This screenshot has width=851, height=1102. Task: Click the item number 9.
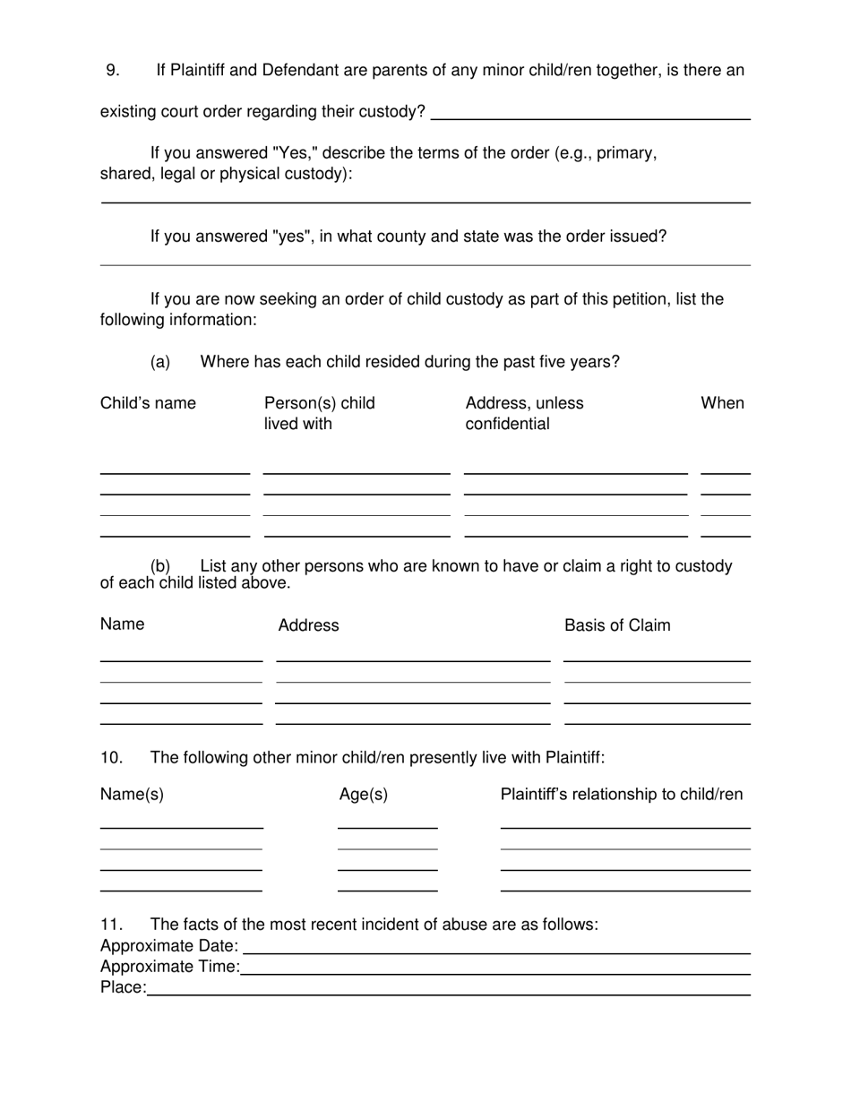pos(112,70)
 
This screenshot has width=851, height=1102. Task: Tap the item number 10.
pos(111,758)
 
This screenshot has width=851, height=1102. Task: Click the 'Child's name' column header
pos(148,403)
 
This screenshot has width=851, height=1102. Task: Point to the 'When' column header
pos(722,403)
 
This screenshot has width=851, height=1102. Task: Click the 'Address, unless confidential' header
pos(524,413)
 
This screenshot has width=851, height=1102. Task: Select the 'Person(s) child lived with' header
pos(319,413)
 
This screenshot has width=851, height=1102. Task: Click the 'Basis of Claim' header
pos(616,625)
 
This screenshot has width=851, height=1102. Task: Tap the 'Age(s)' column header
pos(364,795)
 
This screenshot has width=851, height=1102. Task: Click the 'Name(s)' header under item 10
pos(132,795)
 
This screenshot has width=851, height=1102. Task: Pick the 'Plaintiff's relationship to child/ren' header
pos(621,795)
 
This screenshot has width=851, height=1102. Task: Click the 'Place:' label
pos(123,987)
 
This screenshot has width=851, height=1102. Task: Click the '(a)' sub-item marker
pos(160,362)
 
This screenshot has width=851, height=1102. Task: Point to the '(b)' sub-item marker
pos(160,566)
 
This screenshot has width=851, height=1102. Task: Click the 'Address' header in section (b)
pos(308,625)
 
